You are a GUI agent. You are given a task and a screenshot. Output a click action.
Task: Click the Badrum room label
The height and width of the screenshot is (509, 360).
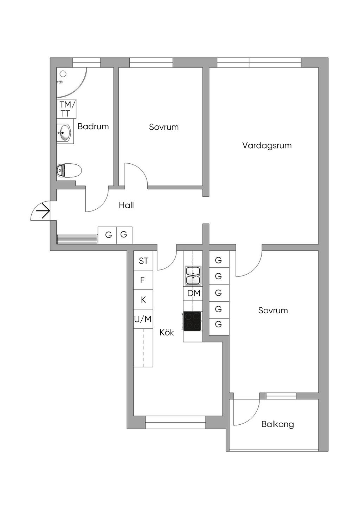[x=93, y=126]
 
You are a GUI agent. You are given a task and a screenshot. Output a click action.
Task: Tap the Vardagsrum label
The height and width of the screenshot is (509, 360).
[x=267, y=145]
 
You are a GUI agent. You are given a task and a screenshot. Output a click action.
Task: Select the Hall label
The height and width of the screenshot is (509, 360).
[x=126, y=205]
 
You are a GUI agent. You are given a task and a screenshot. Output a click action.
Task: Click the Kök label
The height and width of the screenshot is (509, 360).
[x=167, y=332]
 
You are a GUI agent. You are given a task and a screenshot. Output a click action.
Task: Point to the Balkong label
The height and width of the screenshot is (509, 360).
[x=277, y=424]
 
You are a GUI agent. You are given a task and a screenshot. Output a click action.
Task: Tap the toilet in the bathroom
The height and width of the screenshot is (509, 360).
[x=69, y=170]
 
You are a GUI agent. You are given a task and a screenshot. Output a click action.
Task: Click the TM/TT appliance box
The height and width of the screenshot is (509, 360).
[x=66, y=109]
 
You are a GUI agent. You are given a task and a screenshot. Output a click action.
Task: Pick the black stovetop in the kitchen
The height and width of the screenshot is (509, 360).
[x=192, y=321]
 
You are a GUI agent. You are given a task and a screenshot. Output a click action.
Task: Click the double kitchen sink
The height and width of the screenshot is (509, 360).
[x=193, y=275]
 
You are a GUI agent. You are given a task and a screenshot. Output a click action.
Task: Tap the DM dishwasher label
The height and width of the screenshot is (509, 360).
[x=193, y=293]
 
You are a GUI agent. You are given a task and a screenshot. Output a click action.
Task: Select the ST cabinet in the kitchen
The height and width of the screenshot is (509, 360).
[x=143, y=261]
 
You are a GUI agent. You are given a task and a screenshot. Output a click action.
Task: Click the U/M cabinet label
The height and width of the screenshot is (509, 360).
[x=143, y=319]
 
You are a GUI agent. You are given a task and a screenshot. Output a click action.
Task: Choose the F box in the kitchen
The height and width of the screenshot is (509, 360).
[x=143, y=280]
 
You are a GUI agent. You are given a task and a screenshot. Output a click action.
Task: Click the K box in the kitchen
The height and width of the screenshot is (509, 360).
[x=143, y=300]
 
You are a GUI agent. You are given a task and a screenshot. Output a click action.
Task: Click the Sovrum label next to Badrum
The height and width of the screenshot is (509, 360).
[x=163, y=127]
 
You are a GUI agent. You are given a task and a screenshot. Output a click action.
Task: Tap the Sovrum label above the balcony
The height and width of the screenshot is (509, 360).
[x=273, y=311]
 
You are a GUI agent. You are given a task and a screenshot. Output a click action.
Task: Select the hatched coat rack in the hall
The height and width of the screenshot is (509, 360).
[x=77, y=239]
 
